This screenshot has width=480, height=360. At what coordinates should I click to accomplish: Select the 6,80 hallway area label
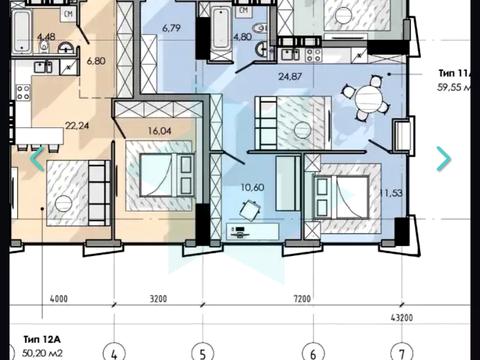click(96, 60)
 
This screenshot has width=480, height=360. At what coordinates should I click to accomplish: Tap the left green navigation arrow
click(37, 157)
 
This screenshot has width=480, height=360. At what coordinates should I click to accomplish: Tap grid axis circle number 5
click(203, 351)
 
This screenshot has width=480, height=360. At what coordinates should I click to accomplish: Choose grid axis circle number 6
click(313, 351)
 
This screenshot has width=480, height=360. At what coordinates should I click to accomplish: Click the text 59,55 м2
click(455, 86)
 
